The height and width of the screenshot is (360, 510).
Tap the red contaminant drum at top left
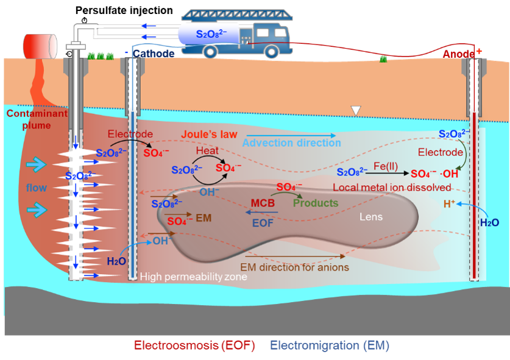[40, 43]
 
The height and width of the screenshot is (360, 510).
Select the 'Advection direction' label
[292, 143]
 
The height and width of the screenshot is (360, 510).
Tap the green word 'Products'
[315, 203]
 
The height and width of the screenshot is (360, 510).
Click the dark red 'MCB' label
[264, 203]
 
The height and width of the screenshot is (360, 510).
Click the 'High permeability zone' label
[193, 277]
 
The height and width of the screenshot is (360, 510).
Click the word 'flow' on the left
[36, 188]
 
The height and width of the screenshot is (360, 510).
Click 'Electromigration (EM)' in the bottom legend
[329, 346]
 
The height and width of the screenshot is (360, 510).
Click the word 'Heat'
[207, 150]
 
